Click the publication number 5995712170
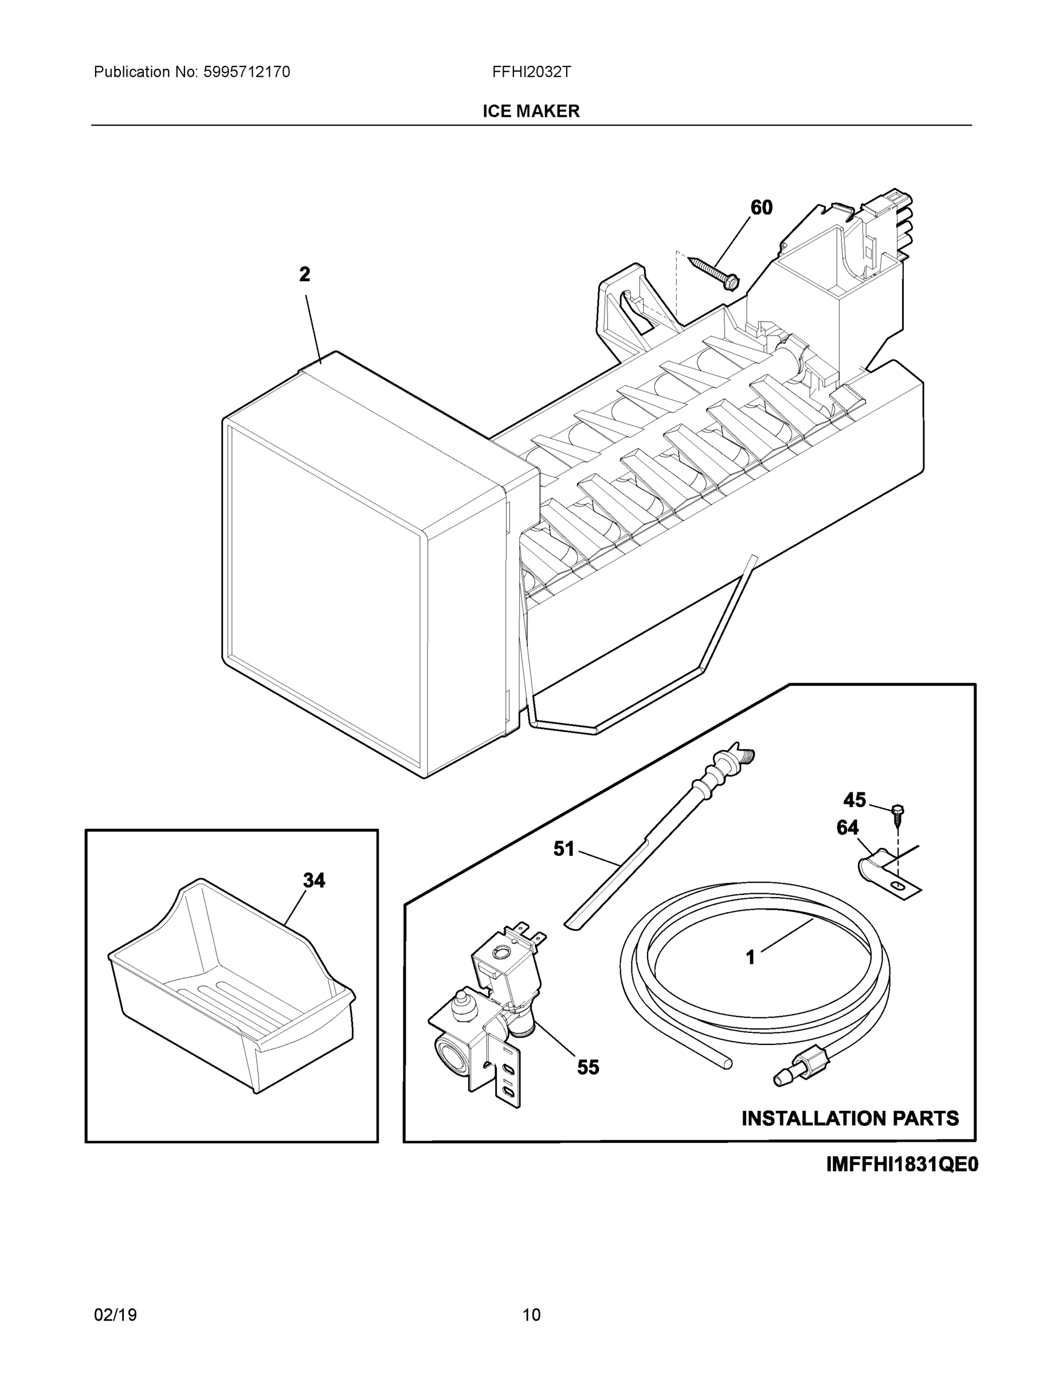pyautogui.click(x=246, y=72)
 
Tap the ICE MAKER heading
pyautogui.click(x=531, y=112)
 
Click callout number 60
pyautogui.click(x=762, y=208)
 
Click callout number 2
pyautogui.click(x=304, y=274)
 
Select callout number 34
pyautogui.click(x=313, y=880)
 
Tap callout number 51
pyautogui.click(x=564, y=849)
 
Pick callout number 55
pyautogui.click(x=588, y=1067)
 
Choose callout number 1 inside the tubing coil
pyautogui.click(x=750, y=957)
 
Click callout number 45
pyautogui.click(x=854, y=800)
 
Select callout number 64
pyautogui.click(x=848, y=827)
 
